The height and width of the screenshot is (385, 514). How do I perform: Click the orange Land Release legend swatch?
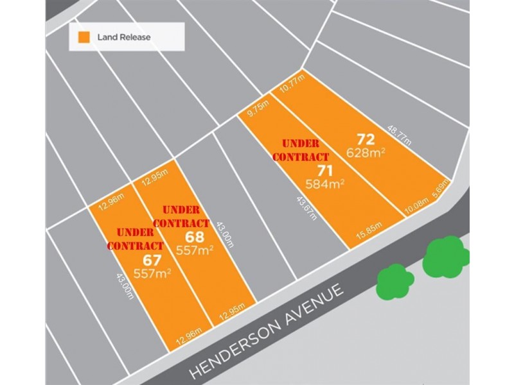pos(83,37)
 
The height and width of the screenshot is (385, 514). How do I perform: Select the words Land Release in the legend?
pos(124,37)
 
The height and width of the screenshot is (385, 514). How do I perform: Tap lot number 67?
pos(152,260)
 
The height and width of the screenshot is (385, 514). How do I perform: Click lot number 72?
pos(365,139)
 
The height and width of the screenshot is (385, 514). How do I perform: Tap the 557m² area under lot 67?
pos(152,274)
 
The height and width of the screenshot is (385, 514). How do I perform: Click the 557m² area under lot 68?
pos(195,251)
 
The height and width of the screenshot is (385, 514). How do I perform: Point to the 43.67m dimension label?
pos(306,207)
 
